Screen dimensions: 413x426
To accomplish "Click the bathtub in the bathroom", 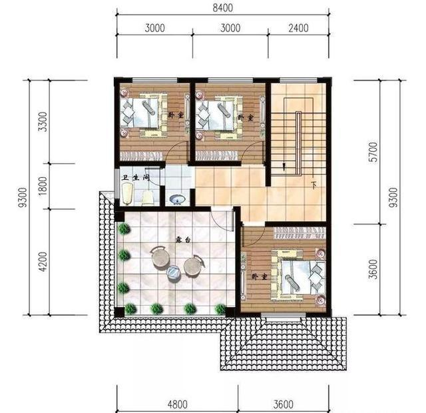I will [127, 195].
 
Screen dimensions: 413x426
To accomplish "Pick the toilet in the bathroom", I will [148, 197].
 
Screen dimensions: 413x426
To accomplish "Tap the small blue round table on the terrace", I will [174, 272].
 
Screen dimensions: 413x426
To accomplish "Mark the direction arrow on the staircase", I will [284, 166].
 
